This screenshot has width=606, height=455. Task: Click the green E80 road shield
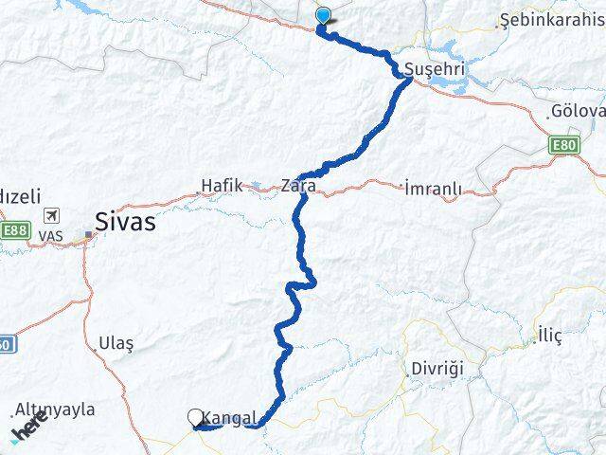[x=562, y=145]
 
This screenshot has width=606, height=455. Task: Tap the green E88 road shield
[x=14, y=229]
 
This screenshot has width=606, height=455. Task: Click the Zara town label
[x=298, y=186]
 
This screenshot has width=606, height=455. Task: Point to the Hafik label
[x=221, y=186]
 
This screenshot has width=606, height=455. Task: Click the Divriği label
[x=437, y=368]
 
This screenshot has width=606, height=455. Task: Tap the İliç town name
[x=549, y=336]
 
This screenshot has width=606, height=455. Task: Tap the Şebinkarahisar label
[x=549, y=20]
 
